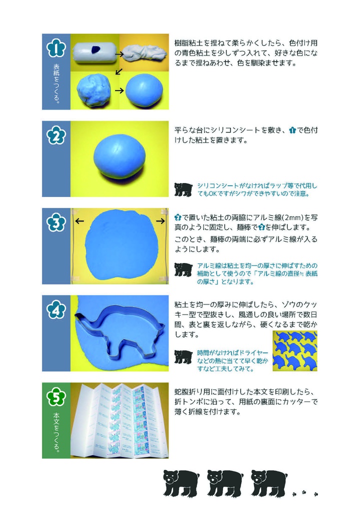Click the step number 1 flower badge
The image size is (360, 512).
[x=56, y=48]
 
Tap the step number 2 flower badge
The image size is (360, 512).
[x=56, y=135]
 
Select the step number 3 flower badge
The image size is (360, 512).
[x=56, y=223]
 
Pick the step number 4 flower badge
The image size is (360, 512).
[x=56, y=310]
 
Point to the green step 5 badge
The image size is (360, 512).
[x=56, y=397]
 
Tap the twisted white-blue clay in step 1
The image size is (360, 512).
[x=144, y=51]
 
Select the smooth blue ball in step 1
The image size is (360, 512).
[x=144, y=90]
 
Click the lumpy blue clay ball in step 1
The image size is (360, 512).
[x=93, y=90]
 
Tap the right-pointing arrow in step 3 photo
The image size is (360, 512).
[x=160, y=220]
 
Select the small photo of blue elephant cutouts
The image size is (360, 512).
[x=295, y=351]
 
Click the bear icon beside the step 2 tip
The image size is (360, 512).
[x=183, y=189]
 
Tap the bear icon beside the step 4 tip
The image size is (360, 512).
[x=183, y=356]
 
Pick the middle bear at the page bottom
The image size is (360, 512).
[x=224, y=482]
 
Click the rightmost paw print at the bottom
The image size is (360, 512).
[x=315, y=494]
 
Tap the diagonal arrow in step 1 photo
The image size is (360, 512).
[x=119, y=71]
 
